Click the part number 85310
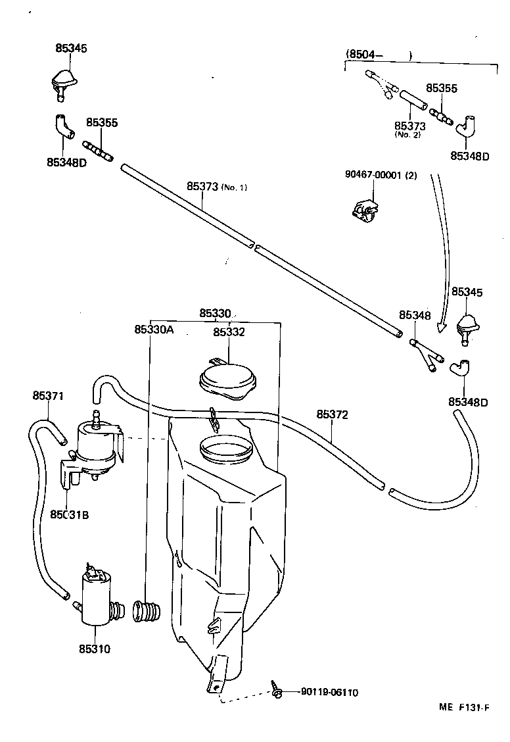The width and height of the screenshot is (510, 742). [95, 649]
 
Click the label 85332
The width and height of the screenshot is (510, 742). [229, 332]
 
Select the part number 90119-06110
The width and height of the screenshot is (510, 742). [329, 692]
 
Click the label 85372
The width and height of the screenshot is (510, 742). [332, 415]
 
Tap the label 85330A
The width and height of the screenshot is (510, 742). [154, 330]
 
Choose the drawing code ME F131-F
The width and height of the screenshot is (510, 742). [464, 708]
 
